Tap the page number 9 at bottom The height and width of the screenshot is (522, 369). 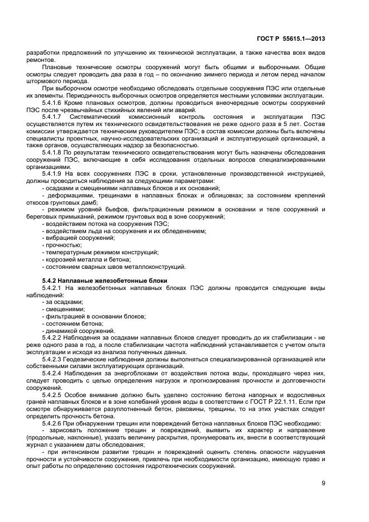[323, 483]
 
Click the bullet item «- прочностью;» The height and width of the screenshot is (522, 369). [62, 245]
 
